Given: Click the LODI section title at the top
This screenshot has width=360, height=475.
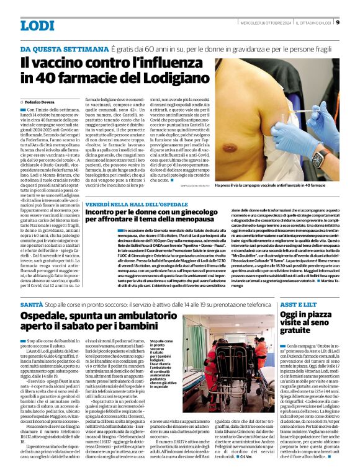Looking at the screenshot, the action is pyautogui.click(x=38, y=25).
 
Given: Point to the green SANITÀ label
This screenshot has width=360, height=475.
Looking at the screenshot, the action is pyautogui.click(x=31, y=306).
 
